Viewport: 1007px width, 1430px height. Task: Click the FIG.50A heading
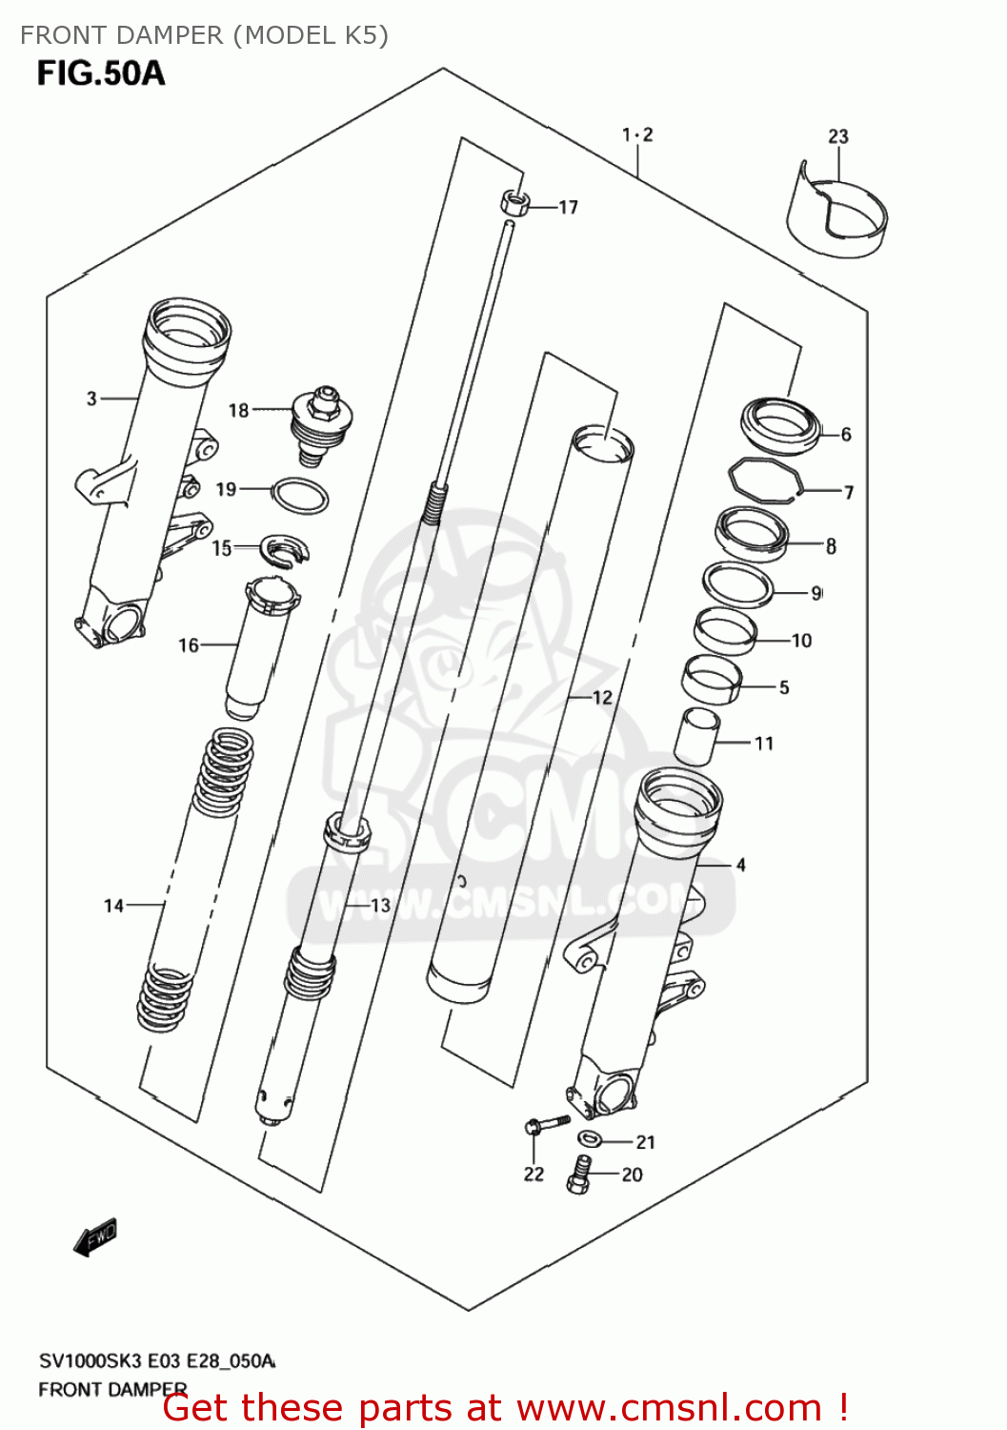coord(101,73)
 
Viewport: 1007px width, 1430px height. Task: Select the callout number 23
coord(838,136)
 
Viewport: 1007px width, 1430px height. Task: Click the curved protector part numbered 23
coord(836,217)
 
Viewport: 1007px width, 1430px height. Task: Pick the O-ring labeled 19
coord(301,496)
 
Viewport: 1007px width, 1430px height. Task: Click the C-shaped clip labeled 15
coord(286,551)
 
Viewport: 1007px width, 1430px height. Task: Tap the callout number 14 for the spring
coord(114,906)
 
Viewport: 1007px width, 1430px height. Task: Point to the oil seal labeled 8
coord(753,534)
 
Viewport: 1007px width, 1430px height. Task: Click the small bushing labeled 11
coord(696,736)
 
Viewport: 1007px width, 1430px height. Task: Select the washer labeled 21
coord(589,1138)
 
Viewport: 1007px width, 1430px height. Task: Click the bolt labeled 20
coord(579,1174)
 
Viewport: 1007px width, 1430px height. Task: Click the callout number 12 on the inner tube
coord(602,698)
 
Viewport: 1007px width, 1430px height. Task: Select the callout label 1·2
coord(637,134)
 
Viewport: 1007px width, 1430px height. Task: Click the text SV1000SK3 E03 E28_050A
coord(156,1360)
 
